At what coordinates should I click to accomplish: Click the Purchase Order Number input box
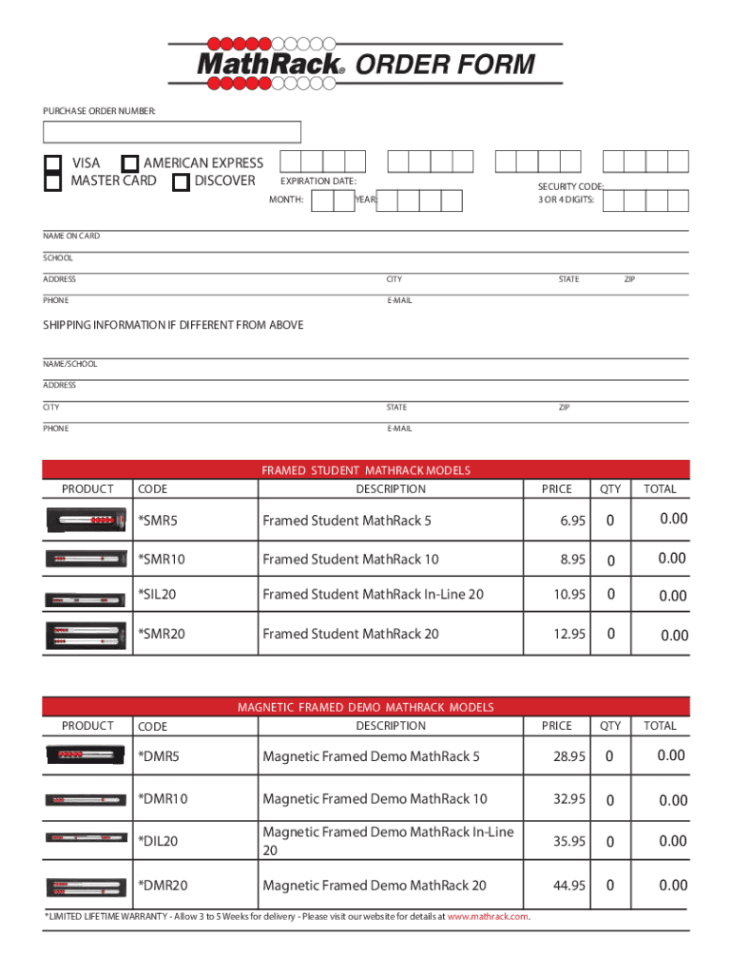pyautogui.click(x=172, y=132)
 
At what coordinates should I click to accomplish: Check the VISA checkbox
pyautogui.click(x=53, y=163)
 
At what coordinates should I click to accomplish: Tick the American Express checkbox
pyautogui.click(x=130, y=163)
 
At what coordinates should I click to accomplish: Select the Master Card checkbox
pyautogui.click(x=53, y=181)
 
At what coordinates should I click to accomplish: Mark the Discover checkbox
pyautogui.click(x=181, y=181)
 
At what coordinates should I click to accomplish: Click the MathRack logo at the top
pyautogui.click(x=271, y=64)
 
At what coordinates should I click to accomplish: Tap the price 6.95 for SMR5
pyautogui.click(x=572, y=521)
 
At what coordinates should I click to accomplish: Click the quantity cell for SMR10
pyautogui.click(x=610, y=560)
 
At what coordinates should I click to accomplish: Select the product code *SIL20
pyautogui.click(x=158, y=595)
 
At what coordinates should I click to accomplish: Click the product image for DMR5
pyautogui.click(x=86, y=756)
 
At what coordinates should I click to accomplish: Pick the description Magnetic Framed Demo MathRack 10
pyautogui.click(x=375, y=799)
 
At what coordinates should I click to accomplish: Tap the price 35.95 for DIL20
pyautogui.click(x=568, y=842)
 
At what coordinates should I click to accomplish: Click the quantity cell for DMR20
pyautogui.click(x=610, y=886)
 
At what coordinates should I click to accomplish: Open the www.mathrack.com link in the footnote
pyautogui.click(x=488, y=917)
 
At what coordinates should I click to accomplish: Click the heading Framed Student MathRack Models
pyautogui.click(x=366, y=470)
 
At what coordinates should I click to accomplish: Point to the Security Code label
pyautogui.click(x=570, y=187)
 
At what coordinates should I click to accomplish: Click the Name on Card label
pyautogui.click(x=71, y=236)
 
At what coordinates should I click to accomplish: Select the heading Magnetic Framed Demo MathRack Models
pyautogui.click(x=366, y=708)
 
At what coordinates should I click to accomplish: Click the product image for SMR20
pyautogui.click(x=86, y=635)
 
